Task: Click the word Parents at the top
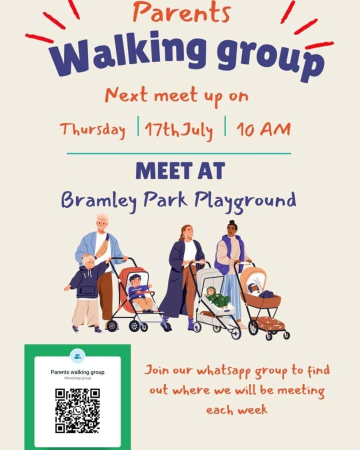coord(181,12)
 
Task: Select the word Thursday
coord(92,129)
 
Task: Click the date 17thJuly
coord(179,130)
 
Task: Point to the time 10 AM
coord(263,129)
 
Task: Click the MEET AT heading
coord(180,171)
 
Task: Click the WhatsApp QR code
coord(77,410)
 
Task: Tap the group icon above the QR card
coord(77,356)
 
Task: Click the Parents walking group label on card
coord(77,372)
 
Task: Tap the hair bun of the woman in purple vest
coord(232,222)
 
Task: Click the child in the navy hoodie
coord(87,292)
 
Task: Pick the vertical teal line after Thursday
coord(138,126)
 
